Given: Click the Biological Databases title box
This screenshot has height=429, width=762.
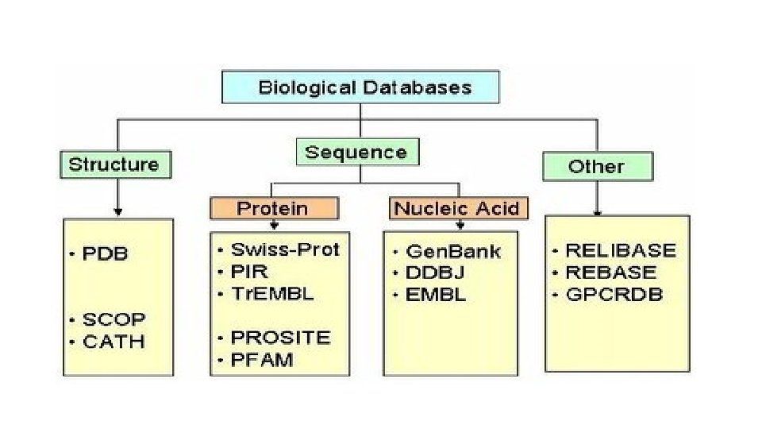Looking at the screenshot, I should (x=360, y=87).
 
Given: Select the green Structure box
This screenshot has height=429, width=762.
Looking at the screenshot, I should (x=114, y=164).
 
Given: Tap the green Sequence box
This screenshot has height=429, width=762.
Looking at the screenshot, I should (x=356, y=153).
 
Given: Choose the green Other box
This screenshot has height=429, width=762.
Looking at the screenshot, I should (x=597, y=167).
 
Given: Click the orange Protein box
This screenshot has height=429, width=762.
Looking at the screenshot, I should (x=274, y=208).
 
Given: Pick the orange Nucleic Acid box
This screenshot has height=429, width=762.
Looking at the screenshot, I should (x=459, y=208).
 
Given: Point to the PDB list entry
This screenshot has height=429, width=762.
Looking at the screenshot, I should (x=105, y=254).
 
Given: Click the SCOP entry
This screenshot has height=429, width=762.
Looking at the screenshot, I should (x=114, y=319).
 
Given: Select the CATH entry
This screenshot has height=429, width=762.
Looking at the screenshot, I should (x=114, y=342).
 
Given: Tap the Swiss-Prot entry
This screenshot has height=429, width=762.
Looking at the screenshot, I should (x=285, y=249).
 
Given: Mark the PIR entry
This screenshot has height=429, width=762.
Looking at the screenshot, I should (x=249, y=272).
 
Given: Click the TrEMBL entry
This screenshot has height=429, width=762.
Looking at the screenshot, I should (x=272, y=293).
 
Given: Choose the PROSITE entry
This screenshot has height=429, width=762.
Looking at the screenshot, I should (x=280, y=338).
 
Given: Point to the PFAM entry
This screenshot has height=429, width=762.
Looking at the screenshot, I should (x=262, y=360).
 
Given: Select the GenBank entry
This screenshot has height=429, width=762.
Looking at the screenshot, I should (x=453, y=252).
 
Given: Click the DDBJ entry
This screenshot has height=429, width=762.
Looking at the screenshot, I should (x=435, y=273).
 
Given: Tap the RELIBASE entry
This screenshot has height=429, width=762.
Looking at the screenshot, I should (x=621, y=251).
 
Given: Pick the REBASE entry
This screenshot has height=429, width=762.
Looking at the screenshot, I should (x=611, y=272).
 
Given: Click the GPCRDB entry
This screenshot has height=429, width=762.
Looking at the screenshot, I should (x=614, y=295).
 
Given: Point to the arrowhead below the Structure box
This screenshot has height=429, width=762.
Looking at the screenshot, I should (x=118, y=211).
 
